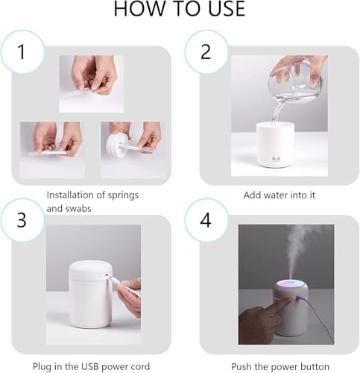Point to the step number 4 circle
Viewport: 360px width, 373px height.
coord(205,220)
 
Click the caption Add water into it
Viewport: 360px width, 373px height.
coord(280,195)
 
